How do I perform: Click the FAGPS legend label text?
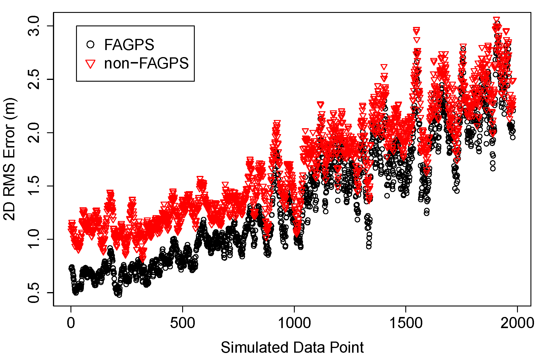(x=129, y=45)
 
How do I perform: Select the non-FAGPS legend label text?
(x=146, y=64)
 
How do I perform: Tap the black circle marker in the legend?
(x=91, y=44)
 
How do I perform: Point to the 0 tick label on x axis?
(x=71, y=323)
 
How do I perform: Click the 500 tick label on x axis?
(x=182, y=323)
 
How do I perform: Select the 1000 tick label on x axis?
(x=294, y=323)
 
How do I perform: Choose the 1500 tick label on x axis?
(x=406, y=323)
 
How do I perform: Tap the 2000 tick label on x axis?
(x=517, y=323)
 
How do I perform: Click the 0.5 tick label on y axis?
(x=34, y=292)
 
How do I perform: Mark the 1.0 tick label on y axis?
(x=34, y=239)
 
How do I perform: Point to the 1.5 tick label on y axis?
(x=34, y=186)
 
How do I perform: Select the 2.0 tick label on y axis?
(x=34, y=133)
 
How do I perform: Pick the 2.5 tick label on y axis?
(x=34, y=79)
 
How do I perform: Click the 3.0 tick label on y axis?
(x=34, y=26)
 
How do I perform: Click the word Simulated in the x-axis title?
(x=254, y=347)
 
